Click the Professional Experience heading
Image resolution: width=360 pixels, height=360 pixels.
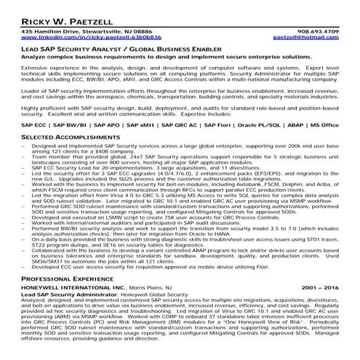tap(68, 279)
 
